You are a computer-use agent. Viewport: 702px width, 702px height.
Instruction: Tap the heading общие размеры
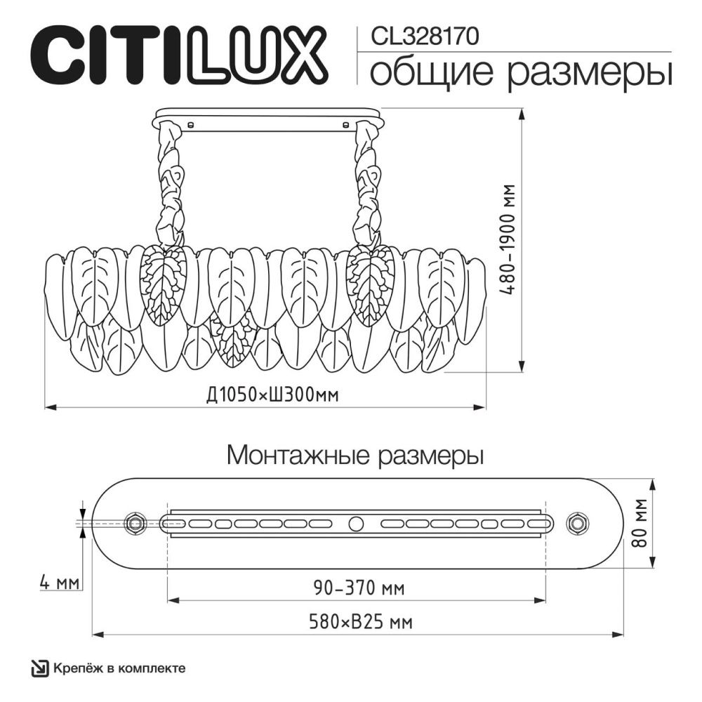pyautogui.click(x=520, y=72)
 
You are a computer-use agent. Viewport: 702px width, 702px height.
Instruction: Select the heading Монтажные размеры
pyautogui.click(x=355, y=456)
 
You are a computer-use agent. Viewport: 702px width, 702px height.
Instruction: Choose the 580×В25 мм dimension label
pyautogui.click(x=360, y=622)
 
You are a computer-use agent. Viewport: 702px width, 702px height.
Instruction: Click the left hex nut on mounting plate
pyautogui.click(x=134, y=522)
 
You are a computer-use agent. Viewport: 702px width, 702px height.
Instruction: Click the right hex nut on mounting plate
pyautogui.click(x=578, y=522)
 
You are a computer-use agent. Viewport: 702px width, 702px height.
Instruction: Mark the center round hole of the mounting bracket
pyautogui.click(x=357, y=523)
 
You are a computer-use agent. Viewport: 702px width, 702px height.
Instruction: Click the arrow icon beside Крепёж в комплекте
pyautogui.click(x=41, y=668)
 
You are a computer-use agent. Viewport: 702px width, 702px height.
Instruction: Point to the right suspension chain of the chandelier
pyautogui.click(x=366, y=186)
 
